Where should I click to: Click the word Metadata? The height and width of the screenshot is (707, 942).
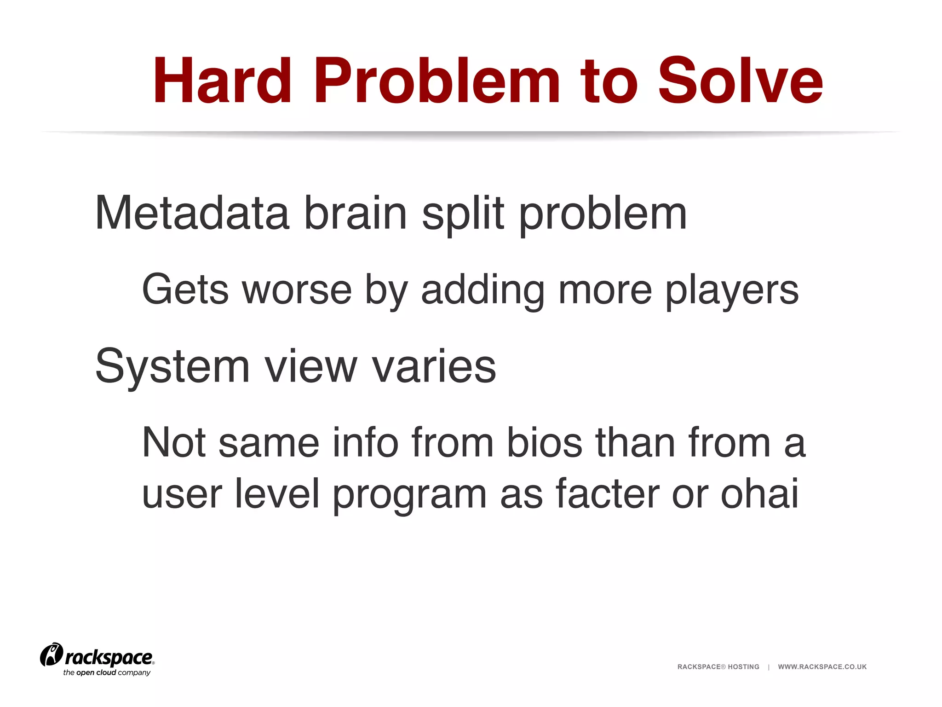coord(192,213)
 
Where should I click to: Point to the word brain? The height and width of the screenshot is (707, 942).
coord(356,213)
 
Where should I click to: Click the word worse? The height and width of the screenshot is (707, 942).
coord(297,290)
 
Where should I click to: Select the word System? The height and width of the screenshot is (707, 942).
coord(172,366)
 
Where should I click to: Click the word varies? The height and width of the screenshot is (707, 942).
coord(434,366)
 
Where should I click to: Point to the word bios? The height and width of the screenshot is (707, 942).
coord(545,443)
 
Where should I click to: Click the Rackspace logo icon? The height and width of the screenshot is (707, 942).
coord(51,655)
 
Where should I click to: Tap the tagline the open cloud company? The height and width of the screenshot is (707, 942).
coord(107,673)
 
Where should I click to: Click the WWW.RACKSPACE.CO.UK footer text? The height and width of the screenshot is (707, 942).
coord(822,667)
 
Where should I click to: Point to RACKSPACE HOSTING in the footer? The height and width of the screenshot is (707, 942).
coord(718,667)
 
